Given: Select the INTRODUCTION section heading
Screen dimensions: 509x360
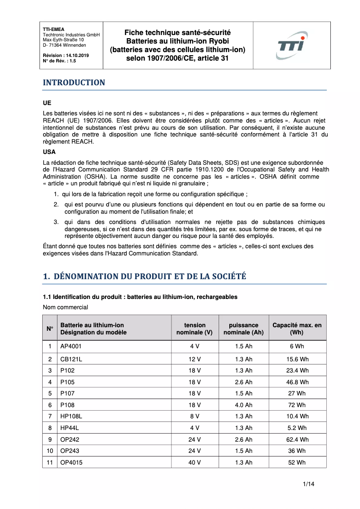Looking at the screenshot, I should (74, 83).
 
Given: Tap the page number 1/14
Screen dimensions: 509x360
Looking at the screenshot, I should (308, 484).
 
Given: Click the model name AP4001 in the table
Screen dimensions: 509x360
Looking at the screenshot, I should (71, 347).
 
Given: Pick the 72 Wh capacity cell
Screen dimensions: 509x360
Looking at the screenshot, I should (297, 405).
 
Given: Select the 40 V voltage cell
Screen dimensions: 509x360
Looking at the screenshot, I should (194, 462).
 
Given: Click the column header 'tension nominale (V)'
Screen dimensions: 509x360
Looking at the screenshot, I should (194, 329).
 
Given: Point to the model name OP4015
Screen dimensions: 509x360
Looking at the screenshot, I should (71, 462).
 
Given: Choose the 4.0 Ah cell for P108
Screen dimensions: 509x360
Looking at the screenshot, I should (244, 405).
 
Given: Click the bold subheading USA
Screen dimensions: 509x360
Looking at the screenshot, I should (49, 152).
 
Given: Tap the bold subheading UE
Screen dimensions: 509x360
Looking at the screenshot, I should (47, 103).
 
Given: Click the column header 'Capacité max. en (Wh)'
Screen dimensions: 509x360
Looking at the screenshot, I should (297, 329).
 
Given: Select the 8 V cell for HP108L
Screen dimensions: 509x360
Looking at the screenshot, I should (194, 417).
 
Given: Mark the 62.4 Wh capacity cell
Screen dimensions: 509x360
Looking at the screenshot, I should (297, 439).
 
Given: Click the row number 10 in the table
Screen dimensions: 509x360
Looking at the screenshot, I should (50, 451).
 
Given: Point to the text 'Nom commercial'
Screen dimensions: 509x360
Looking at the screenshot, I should (66, 307).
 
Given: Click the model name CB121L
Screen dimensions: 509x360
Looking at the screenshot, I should (71, 359).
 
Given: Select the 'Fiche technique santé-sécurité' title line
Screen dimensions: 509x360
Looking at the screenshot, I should (177, 33).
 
